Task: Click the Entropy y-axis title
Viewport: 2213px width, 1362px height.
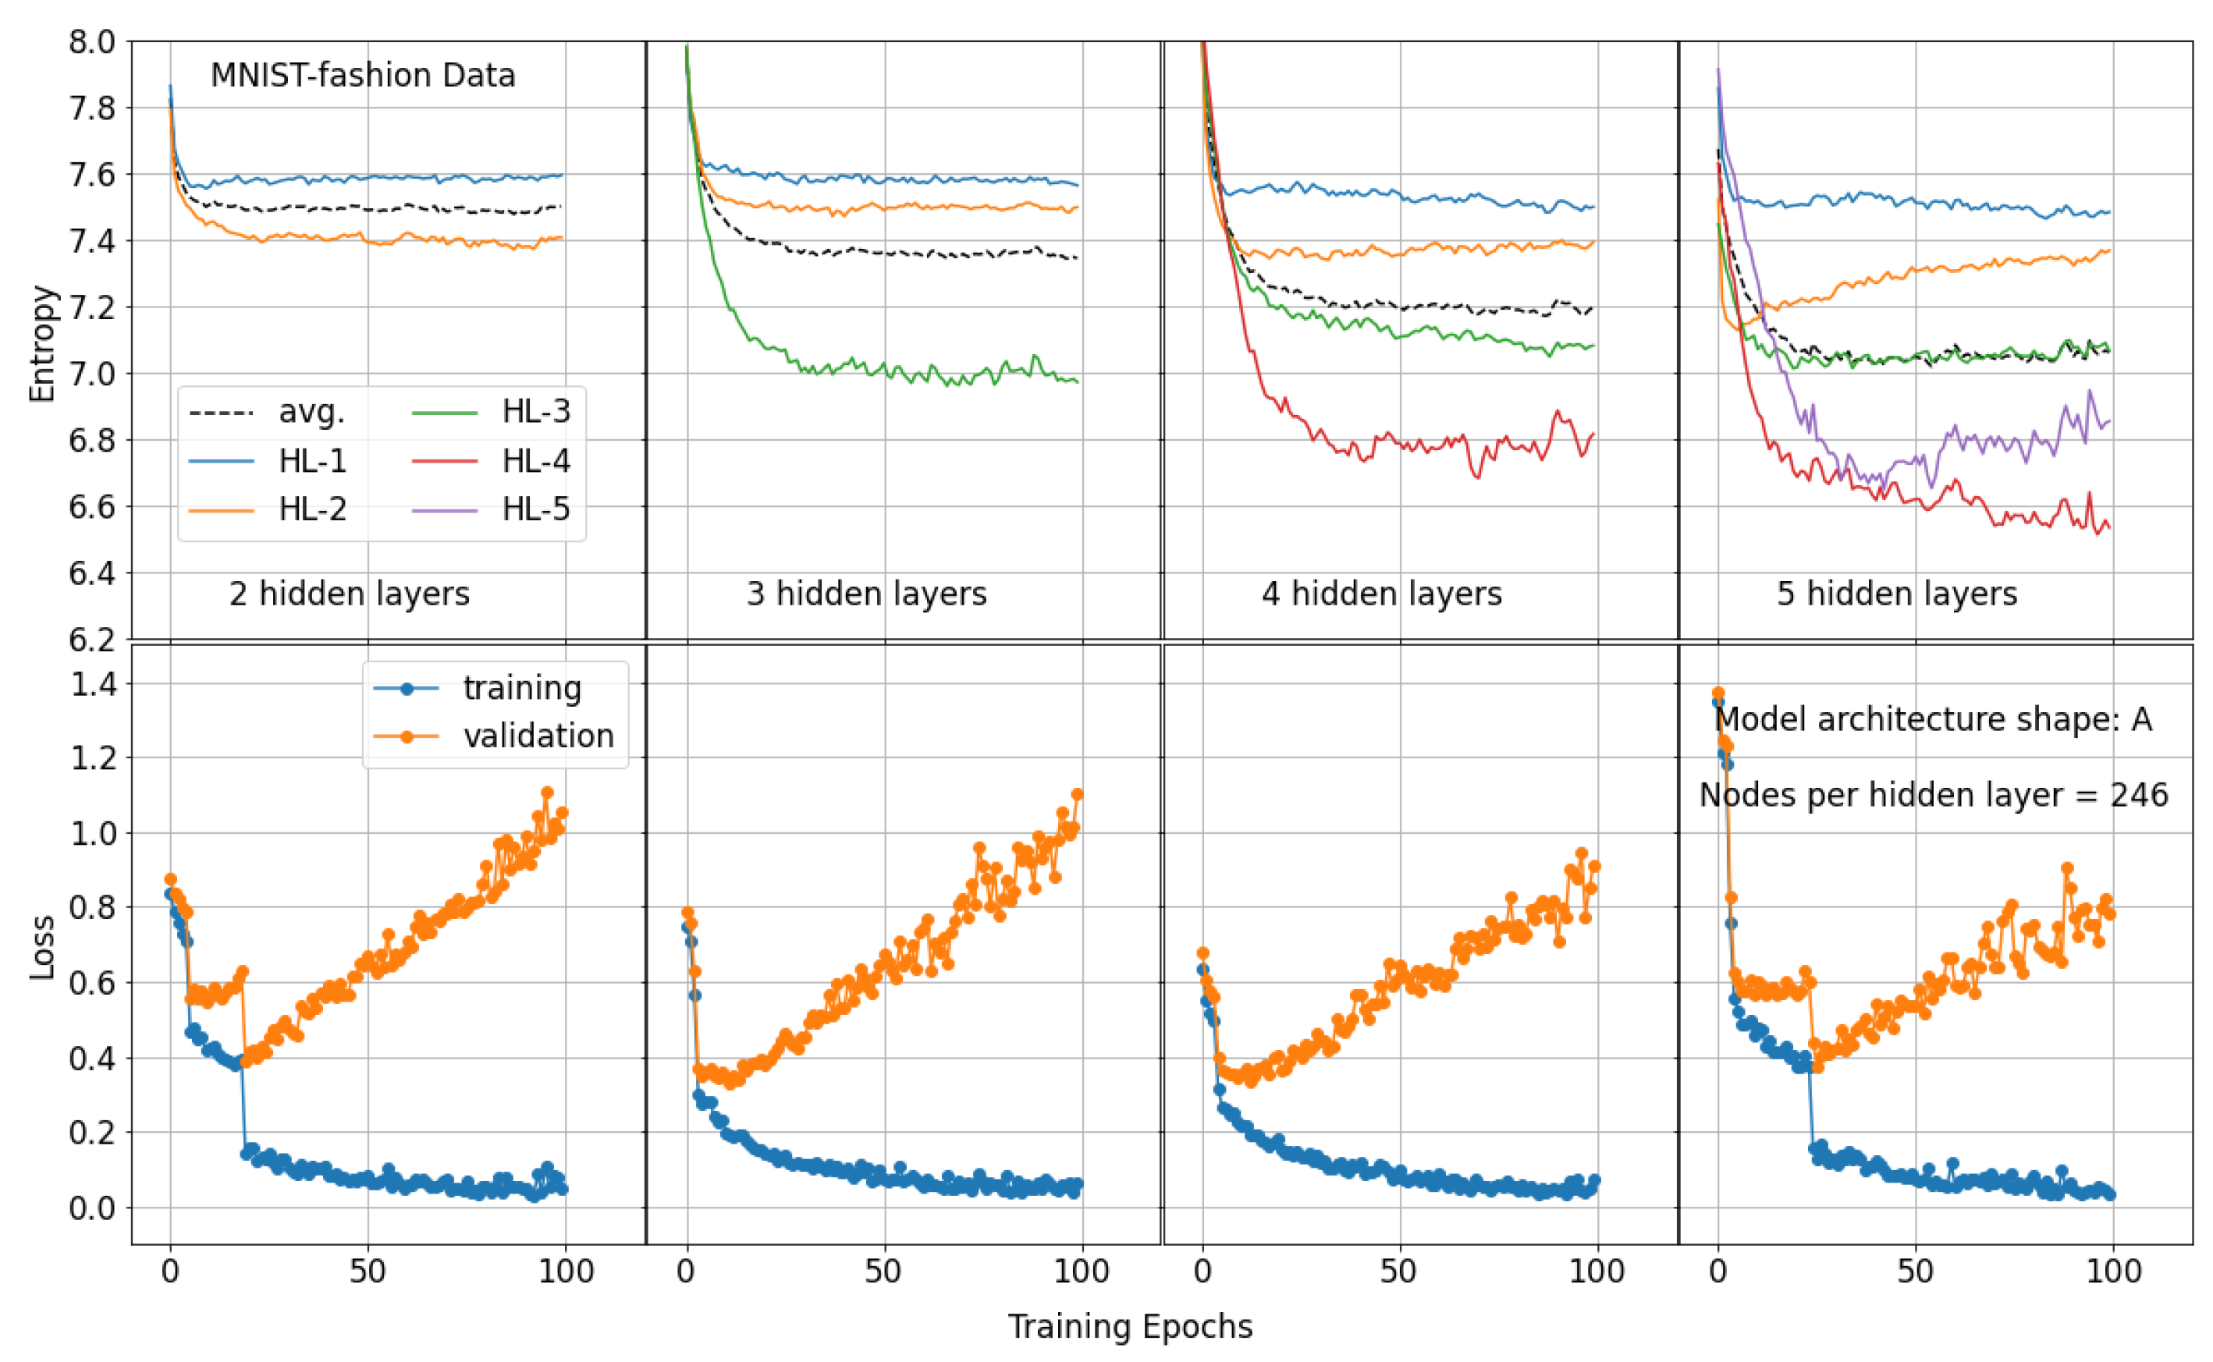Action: tap(41, 343)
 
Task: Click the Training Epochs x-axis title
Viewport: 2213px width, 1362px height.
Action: tap(1129, 1326)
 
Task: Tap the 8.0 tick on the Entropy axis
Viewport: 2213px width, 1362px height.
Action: tap(92, 41)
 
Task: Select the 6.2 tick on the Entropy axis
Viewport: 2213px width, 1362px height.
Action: tap(92, 640)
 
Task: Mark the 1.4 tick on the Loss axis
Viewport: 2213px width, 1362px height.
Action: tap(92, 683)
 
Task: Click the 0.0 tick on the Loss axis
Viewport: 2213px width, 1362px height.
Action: tap(92, 1207)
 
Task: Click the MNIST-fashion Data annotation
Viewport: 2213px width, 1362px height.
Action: tap(362, 75)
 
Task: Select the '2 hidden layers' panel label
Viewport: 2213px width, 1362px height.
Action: tap(349, 594)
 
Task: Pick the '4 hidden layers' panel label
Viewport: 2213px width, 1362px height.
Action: tap(1380, 594)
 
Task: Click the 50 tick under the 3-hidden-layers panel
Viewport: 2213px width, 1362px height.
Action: tap(883, 1271)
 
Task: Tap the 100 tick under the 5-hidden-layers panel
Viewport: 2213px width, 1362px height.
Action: tap(2112, 1271)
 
